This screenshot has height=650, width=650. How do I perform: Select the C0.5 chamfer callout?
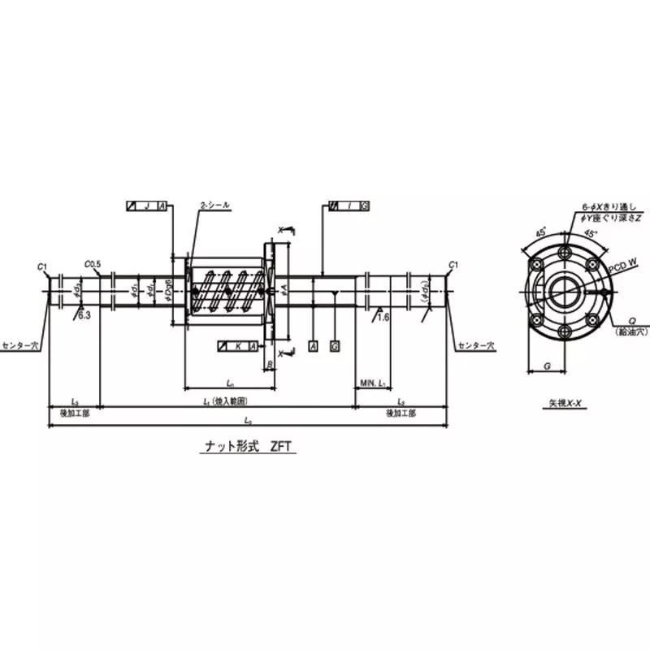pyautogui.click(x=92, y=264)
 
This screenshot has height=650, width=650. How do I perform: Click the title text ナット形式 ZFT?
pyautogui.click(x=247, y=446)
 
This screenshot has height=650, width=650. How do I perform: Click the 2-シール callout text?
pyautogui.click(x=214, y=206)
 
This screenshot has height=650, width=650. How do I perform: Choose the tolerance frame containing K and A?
pyautogui.click(x=238, y=346)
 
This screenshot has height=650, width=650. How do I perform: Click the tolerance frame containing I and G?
pyautogui.click(x=349, y=206)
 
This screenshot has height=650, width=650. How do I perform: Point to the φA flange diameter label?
pyautogui.click(x=283, y=288)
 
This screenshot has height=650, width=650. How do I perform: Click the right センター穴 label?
pyautogui.click(x=473, y=345)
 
